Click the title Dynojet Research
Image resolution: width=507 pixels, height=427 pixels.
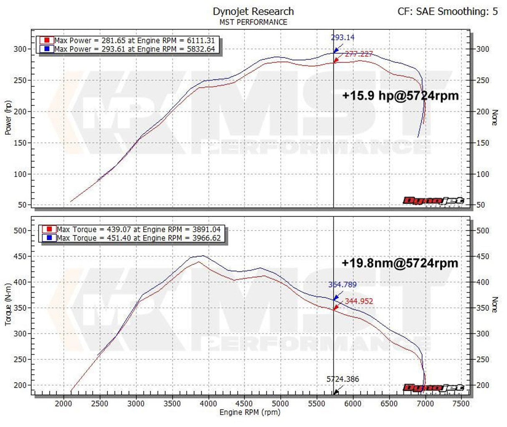[253, 11]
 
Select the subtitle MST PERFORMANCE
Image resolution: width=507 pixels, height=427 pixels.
[253, 22]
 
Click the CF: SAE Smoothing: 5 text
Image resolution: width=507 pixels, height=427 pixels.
[447, 11]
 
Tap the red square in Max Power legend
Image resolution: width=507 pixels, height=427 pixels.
[48, 40]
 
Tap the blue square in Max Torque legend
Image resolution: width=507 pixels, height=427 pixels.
[49, 238]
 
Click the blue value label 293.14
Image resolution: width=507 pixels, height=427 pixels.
[342, 38]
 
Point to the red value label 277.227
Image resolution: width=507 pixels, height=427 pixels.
[358, 54]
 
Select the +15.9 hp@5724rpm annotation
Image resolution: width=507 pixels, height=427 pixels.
[400, 95]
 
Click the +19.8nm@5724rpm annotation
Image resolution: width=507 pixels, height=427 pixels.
[400, 263]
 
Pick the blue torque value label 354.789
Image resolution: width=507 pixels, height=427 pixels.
[342, 284]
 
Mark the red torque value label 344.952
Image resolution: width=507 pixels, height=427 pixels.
[359, 301]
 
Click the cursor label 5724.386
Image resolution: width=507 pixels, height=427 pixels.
[342, 379]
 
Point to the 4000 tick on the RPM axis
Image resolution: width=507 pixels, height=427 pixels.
[208, 404]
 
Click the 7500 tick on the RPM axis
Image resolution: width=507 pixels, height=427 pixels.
[461, 404]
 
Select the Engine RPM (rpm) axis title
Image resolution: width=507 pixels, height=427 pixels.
[250, 412]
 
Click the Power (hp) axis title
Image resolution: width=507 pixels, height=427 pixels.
[8, 117]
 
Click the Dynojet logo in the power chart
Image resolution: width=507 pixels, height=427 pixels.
[433, 201]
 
